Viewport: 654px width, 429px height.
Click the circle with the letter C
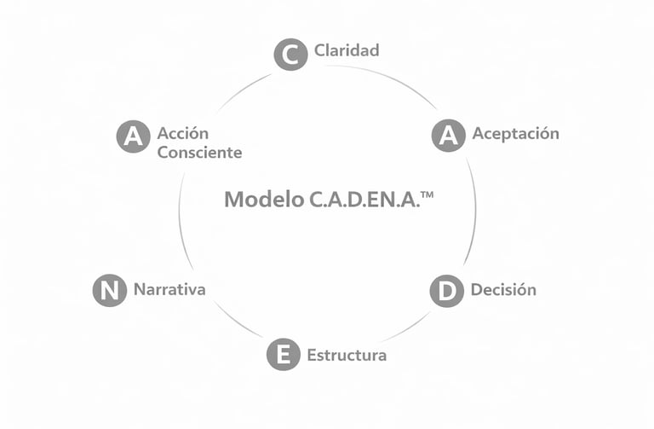(290, 55)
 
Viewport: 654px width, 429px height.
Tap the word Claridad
(347, 50)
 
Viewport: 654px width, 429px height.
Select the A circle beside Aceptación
(448, 135)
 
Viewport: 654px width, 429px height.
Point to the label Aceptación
(515, 133)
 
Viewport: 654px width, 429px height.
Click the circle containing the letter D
(446, 291)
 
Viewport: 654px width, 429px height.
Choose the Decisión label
(503, 289)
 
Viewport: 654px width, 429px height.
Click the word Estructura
(347, 355)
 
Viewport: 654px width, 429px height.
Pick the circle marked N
(109, 290)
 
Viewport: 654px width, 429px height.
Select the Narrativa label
(169, 289)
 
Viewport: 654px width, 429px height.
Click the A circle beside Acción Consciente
(133, 136)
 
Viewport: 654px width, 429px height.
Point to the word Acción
(182, 133)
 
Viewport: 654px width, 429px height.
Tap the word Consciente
(199, 153)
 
